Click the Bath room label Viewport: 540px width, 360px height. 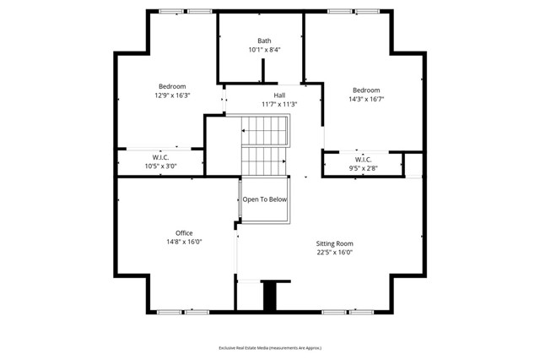tap(264, 41)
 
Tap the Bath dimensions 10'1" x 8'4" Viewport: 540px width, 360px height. tap(264, 50)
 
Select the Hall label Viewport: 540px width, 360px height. tap(278, 95)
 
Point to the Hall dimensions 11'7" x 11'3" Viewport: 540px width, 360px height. tap(278, 104)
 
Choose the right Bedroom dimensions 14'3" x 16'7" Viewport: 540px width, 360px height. tap(366, 100)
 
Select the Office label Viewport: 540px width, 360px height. tap(184, 232)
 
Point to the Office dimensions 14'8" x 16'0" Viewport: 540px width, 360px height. tap(184, 242)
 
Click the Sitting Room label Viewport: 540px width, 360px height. tap(334, 243)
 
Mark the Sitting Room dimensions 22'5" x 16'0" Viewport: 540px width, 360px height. tap(334, 252)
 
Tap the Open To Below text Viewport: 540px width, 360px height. tap(265, 199)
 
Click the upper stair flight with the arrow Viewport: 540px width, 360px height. tap(266, 131)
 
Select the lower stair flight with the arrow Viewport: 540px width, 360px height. tap(266, 159)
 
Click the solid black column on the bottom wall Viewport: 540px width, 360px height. tap(270, 296)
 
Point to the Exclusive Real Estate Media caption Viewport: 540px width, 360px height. tap(270, 347)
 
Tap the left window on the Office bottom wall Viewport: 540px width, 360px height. tap(169, 312)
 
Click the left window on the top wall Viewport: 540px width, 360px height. tap(172, 11)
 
